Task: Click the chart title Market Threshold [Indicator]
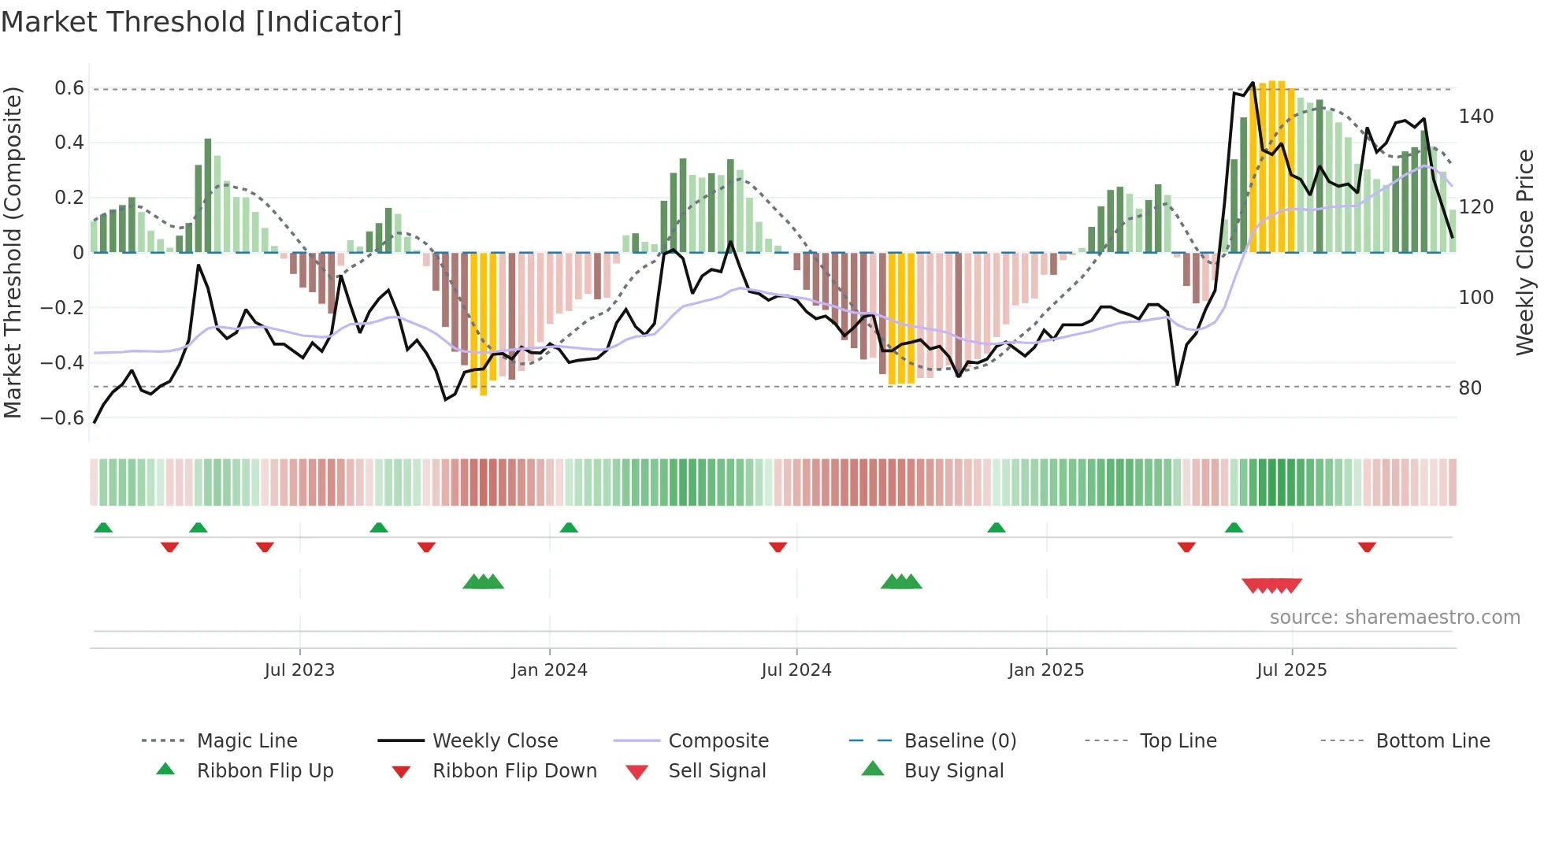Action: point(202,22)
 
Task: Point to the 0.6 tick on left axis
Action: point(69,88)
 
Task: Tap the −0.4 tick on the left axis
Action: point(62,362)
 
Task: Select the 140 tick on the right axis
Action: point(1475,117)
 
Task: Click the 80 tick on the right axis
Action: point(1470,388)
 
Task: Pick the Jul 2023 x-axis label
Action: point(299,670)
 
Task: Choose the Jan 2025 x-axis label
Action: point(1045,670)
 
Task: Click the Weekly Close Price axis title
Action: point(1525,252)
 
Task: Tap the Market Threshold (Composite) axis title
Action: point(13,252)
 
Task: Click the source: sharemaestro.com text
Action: point(1394,618)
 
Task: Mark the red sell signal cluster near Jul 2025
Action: point(1271,585)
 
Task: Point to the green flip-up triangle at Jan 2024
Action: point(569,528)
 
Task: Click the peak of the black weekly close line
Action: point(1253,83)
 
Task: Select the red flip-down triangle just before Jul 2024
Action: point(778,547)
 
